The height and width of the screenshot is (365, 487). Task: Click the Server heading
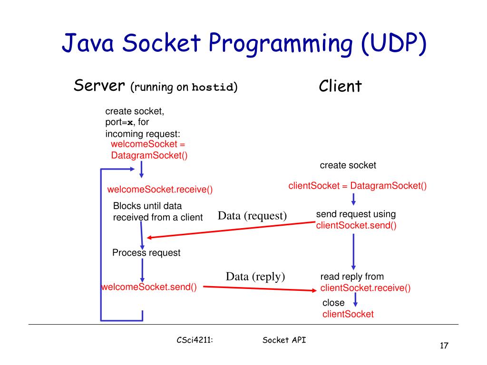pos(99,86)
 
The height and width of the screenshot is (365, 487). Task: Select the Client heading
pos(340,86)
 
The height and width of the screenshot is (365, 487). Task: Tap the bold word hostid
pos(213,88)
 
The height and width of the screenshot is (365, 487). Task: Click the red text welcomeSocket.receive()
pos(160,190)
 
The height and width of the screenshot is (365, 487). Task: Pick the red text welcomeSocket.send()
pos(149,287)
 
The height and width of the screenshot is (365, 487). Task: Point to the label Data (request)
pos(253,216)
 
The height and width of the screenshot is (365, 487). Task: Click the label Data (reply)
pos(255,276)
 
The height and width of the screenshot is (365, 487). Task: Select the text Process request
pos(146,253)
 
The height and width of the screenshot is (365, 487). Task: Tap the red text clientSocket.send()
pos(356,225)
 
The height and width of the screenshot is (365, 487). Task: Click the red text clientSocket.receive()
pos(365,288)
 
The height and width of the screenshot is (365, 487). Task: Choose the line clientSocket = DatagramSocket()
pos(358,186)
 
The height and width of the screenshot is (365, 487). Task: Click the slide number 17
pos(444,346)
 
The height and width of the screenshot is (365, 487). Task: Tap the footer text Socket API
pos(284,340)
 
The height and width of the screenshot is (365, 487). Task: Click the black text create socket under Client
pos(348,165)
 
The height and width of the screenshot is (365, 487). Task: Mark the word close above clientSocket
pos(333,303)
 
